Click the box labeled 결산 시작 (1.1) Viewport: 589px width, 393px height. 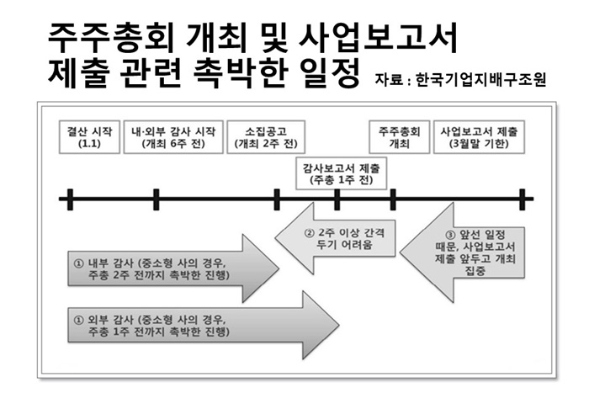[89, 137]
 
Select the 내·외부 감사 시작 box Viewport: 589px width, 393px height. [173, 137]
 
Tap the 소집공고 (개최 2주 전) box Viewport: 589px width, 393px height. [266, 137]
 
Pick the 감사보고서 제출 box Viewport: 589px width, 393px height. [341, 173]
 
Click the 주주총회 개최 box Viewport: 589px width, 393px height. [400, 137]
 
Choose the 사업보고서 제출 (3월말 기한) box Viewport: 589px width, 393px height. [479, 137]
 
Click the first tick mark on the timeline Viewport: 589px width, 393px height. [70, 199]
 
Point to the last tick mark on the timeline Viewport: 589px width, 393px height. [523, 199]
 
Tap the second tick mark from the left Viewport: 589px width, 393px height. [157, 199]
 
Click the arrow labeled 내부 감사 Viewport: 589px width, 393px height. [172, 268]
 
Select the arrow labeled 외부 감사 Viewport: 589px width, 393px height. [203, 326]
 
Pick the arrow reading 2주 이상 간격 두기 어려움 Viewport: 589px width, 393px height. [335, 239]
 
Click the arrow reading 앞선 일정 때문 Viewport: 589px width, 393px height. [462, 252]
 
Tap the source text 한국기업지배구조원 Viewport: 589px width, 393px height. [480, 79]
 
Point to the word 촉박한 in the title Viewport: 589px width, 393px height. [241, 73]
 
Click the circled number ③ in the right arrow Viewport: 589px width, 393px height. [450, 236]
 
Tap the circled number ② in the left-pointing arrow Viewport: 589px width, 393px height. [309, 233]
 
